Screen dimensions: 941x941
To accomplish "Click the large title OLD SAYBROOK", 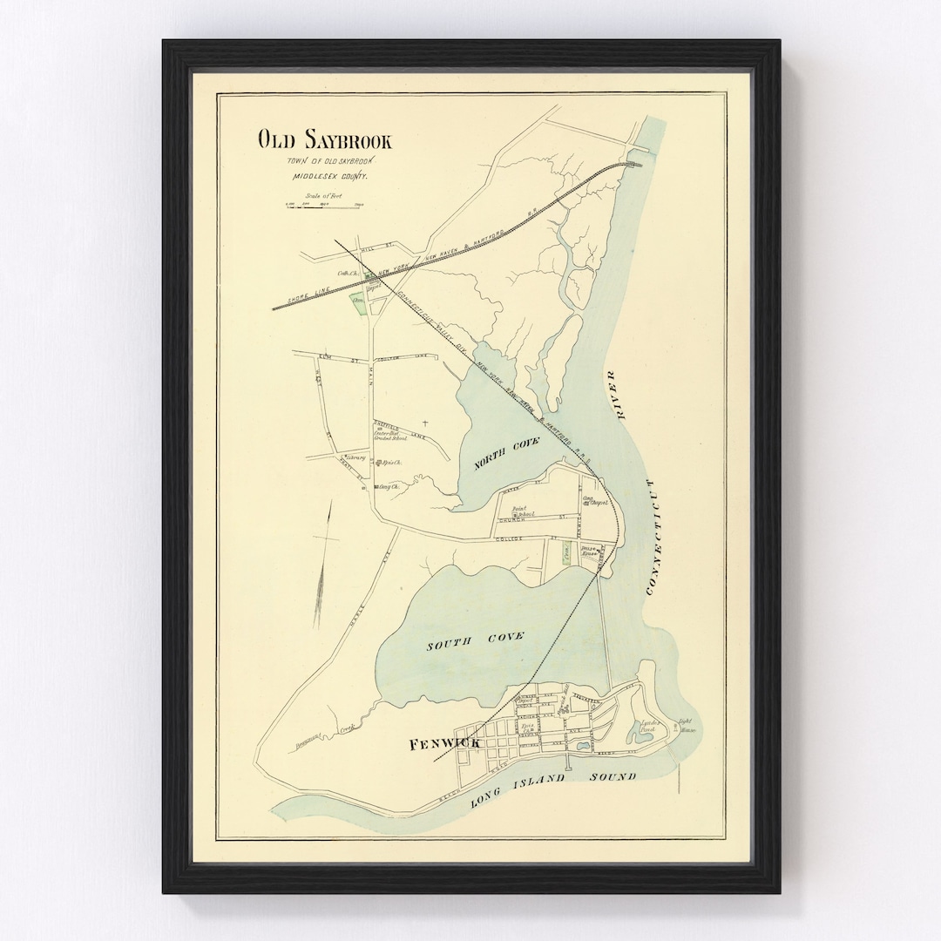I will [x=324, y=139].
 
